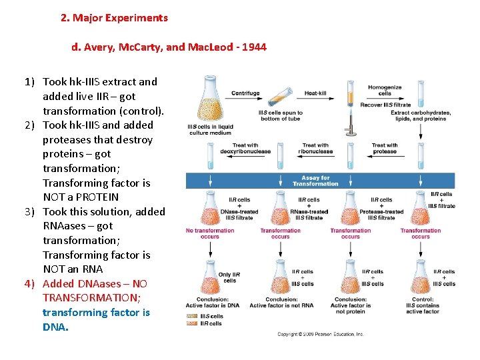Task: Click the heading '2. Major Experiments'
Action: (x=114, y=18)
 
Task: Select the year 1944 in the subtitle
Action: (x=253, y=48)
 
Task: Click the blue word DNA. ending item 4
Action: (x=55, y=327)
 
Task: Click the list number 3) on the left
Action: (x=29, y=211)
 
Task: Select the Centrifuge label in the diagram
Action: (x=245, y=93)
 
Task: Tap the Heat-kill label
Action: (x=315, y=93)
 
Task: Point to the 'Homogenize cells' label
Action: (x=385, y=90)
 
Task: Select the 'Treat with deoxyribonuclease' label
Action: (x=245, y=148)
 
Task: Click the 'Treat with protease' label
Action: (x=385, y=148)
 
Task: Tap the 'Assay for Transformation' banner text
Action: (x=315, y=181)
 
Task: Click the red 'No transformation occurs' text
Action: (x=210, y=233)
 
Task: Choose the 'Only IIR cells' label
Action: (x=229, y=277)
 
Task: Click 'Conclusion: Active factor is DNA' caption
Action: (x=213, y=302)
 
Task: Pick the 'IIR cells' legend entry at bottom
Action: (x=211, y=323)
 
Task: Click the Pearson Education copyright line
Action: (x=321, y=334)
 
